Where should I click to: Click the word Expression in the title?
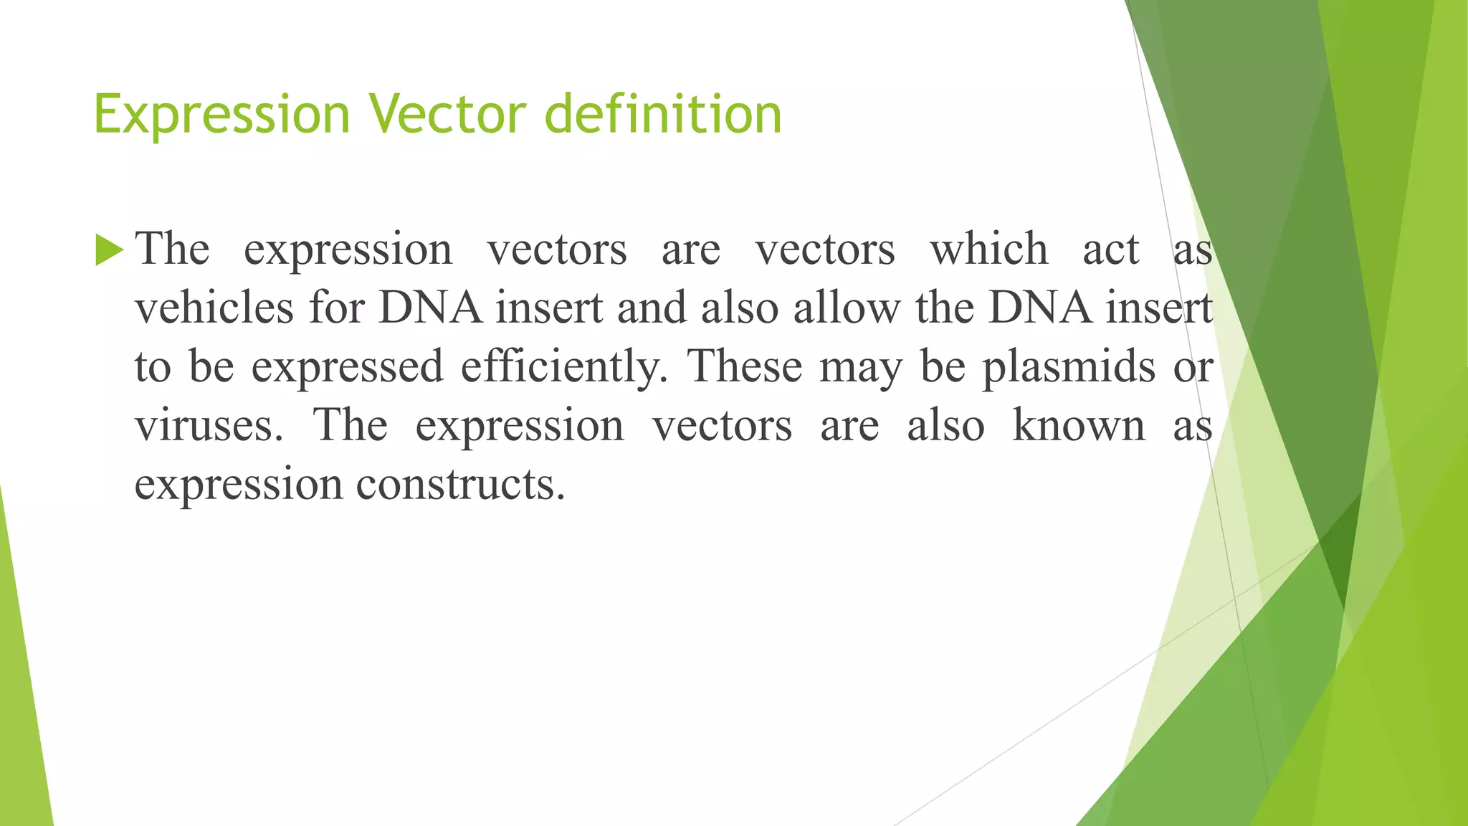[x=221, y=115]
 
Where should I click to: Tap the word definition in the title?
[x=663, y=115]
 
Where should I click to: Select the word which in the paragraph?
[x=988, y=250]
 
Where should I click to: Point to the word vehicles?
[x=214, y=308]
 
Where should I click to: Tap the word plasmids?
[x=1068, y=367]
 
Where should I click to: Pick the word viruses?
[x=209, y=425]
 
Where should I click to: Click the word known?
[x=1078, y=425]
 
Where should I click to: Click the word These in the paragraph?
[x=745, y=366]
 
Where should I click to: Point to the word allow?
[x=846, y=308]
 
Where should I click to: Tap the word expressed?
[x=347, y=367]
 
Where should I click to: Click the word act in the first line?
[x=1110, y=250]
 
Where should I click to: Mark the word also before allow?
[x=740, y=308]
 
